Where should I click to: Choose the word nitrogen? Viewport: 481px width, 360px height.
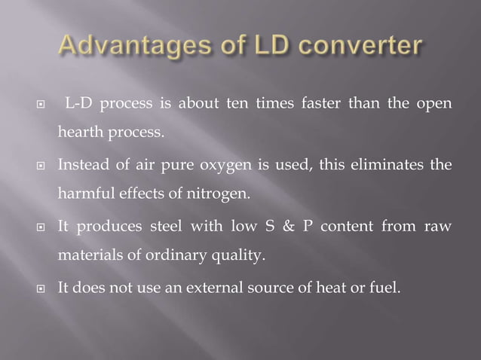coord(222,194)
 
